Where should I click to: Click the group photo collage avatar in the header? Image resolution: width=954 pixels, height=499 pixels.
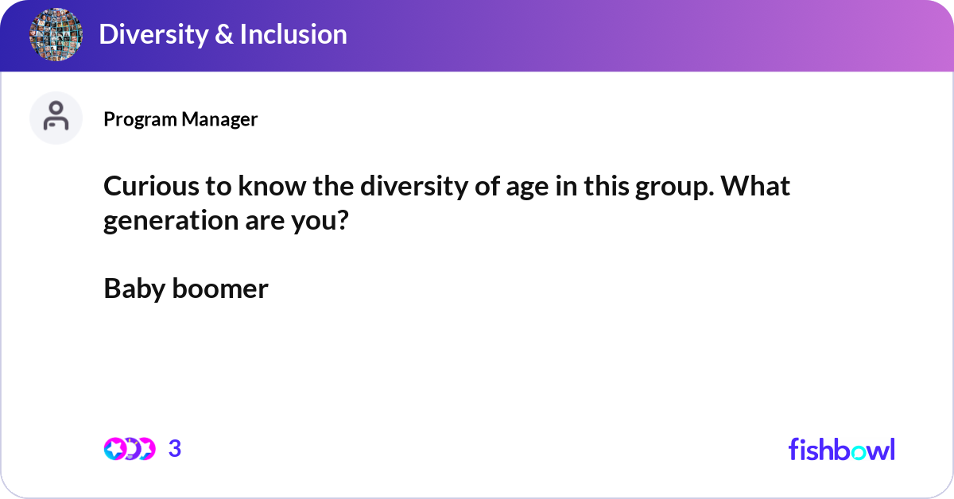pyautogui.click(x=56, y=35)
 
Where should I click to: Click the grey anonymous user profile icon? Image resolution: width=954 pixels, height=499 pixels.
pyautogui.click(x=56, y=118)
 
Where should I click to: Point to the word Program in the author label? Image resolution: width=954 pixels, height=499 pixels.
pyautogui.click(x=140, y=119)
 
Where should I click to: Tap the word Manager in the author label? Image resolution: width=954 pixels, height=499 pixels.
pyautogui.click(x=219, y=119)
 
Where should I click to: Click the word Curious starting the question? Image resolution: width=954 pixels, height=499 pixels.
pyautogui.click(x=146, y=188)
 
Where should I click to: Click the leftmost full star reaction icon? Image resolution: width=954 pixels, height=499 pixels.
pyautogui.click(x=116, y=449)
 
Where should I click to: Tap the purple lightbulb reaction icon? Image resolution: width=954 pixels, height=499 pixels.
pyautogui.click(x=131, y=449)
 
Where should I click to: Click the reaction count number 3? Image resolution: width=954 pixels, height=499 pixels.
pyautogui.click(x=175, y=449)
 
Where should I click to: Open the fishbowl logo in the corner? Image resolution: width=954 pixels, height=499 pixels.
pyautogui.click(x=841, y=449)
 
